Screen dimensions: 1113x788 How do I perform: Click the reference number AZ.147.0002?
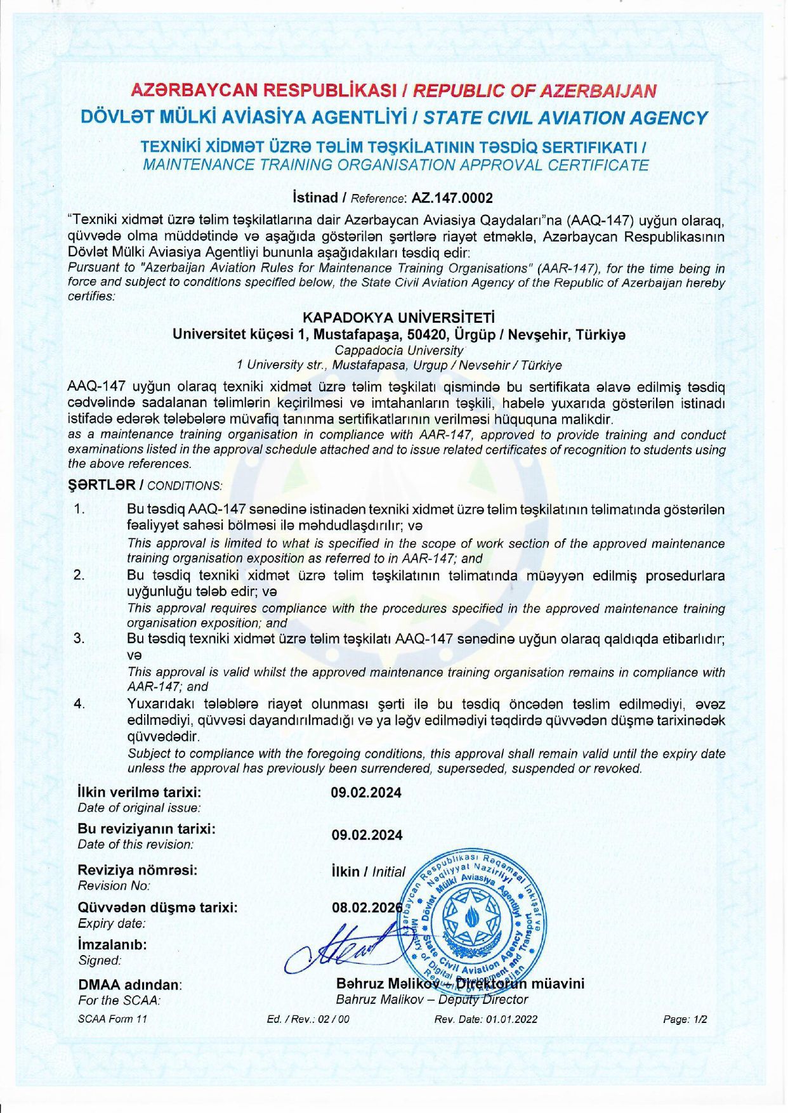(x=452, y=198)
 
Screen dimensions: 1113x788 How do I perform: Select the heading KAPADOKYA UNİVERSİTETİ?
(x=398, y=317)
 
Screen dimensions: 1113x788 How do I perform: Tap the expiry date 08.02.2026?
(x=367, y=908)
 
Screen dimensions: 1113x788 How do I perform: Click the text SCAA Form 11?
(x=112, y=1019)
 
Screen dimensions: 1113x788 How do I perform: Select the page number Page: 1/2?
(x=685, y=1019)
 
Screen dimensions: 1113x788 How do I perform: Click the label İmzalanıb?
(x=112, y=944)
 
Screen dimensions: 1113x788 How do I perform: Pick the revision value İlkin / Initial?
(x=368, y=871)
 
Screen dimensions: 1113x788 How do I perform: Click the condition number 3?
(x=79, y=638)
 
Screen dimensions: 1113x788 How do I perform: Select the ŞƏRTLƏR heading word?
(x=102, y=485)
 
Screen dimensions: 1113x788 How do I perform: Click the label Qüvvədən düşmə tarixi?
(x=157, y=908)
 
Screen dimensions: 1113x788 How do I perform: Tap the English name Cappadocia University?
(x=398, y=350)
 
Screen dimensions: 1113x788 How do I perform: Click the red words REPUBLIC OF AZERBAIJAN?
(x=534, y=90)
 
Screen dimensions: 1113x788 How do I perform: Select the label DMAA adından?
(x=129, y=985)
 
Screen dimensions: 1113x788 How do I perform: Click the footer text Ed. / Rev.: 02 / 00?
(x=308, y=1019)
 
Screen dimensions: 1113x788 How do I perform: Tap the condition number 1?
(x=79, y=509)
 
